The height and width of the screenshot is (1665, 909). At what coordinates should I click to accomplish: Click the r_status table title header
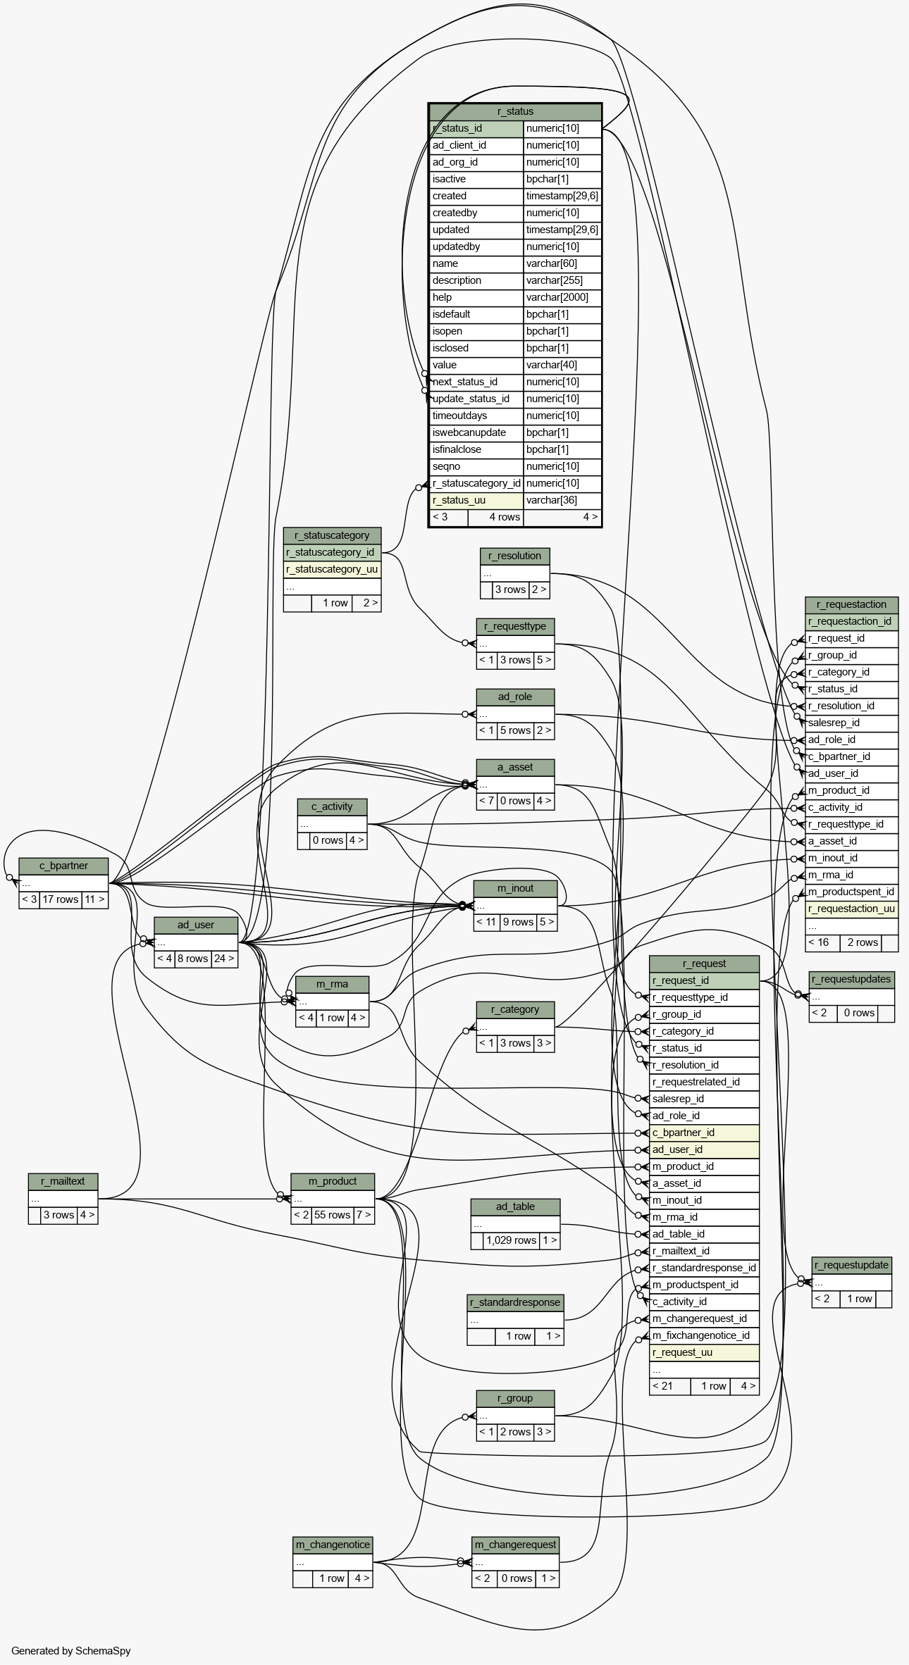[x=515, y=111]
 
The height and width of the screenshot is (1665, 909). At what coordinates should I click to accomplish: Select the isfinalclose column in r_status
[x=476, y=449]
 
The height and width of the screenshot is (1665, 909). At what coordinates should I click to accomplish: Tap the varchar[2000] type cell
[x=562, y=297]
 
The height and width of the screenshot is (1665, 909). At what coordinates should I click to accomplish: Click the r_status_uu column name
[x=476, y=500]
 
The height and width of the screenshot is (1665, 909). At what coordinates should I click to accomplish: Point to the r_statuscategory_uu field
[x=332, y=569]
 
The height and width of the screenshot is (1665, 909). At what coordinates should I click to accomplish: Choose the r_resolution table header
[x=514, y=556]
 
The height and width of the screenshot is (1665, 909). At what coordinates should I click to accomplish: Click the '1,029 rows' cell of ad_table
[x=512, y=1240]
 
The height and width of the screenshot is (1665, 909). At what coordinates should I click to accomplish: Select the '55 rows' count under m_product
[x=333, y=1215]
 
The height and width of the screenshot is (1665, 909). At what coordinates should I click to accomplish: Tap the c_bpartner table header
[x=63, y=866]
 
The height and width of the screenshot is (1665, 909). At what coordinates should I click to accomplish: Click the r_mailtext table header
[x=63, y=1181]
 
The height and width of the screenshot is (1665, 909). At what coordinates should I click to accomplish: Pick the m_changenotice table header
[x=333, y=1545]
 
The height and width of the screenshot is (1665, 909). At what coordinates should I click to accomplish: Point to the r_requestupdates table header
[x=851, y=979]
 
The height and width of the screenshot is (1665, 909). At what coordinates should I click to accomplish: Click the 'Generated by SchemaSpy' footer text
[x=71, y=1651]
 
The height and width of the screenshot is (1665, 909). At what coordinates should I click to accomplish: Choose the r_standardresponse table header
[x=515, y=1302]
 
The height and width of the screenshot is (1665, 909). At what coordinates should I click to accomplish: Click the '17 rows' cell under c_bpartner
[x=61, y=899]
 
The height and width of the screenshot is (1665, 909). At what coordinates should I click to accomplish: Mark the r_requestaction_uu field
[x=851, y=909]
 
